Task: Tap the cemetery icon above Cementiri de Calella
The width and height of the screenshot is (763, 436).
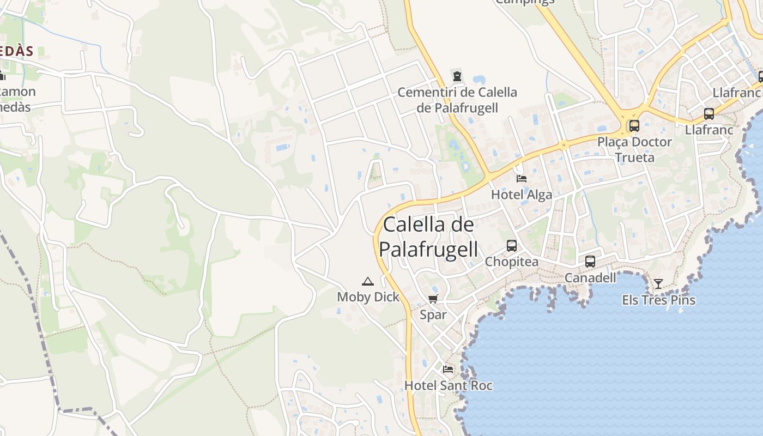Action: pyautogui.click(x=457, y=76)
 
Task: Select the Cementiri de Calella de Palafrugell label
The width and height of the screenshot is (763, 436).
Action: pyautogui.click(x=457, y=100)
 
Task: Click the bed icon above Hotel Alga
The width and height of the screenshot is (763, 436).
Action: pyautogui.click(x=522, y=178)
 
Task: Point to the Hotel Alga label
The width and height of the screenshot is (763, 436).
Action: pyautogui.click(x=522, y=195)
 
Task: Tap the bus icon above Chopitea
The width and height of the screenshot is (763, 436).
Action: pyautogui.click(x=512, y=246)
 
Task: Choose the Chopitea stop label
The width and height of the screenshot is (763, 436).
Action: pyautogui.click(x=512, y=262)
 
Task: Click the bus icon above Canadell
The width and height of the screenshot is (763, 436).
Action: pyautogui.click(x=590, y=262)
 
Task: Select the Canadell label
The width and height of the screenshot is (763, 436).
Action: pyautogui.click(x=590, y=278)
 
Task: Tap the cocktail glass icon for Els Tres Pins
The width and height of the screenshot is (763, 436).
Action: pyautogui.click(x=658, y=283)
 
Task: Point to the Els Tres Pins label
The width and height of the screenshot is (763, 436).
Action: pyautogui.click(x=658, y=300)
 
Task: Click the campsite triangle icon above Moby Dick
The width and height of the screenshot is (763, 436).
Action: pyautogui.click(x=368, y=281)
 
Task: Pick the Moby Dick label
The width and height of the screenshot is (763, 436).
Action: pyautogui.click(x=368, y=297)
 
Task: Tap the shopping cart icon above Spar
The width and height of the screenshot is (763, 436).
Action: pyautogui.click(x=433, y=299)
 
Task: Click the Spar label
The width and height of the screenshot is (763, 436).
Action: pyautogui.click(x=433, y=314)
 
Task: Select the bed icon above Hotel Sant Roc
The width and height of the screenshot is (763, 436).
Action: pyautogui.click(x=448, y=369)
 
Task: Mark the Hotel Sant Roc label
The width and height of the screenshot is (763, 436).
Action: pyautogui.click(x=448, y=385)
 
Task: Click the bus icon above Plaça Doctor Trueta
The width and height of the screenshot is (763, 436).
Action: pyautogui.click(x=634, y=126)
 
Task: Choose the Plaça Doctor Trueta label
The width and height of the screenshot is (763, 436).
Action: pyautogui.click(x=634, y=149)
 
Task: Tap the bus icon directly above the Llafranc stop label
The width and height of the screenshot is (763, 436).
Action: pyautogui.click(x=709, y=114)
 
